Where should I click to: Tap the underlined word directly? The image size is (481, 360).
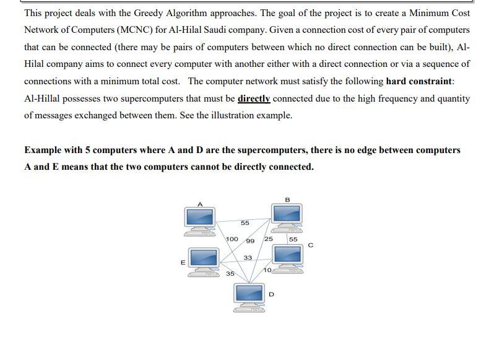pos(254,99)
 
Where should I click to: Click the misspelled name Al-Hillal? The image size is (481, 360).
pos(45,99)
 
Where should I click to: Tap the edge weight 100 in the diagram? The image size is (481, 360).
pos(232,239)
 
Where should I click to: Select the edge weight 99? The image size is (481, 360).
pos(250,241)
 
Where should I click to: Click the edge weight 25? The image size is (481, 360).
pos(269,239)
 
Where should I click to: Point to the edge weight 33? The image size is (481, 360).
pos(248,257)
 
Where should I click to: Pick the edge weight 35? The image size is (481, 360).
pos(230,273)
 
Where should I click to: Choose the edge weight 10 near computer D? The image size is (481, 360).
pos(267,270)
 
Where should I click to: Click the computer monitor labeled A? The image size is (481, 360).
pos(200,217)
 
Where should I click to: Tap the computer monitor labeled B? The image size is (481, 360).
pos(287,214)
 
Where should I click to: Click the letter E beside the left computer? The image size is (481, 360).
pos(183,263)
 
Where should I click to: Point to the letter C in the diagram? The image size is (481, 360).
pos(310,245)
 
